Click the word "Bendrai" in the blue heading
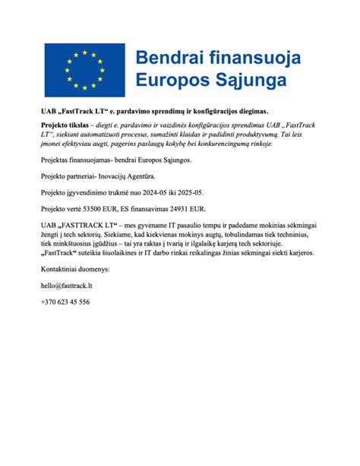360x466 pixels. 170,57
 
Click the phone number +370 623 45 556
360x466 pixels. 66,303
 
